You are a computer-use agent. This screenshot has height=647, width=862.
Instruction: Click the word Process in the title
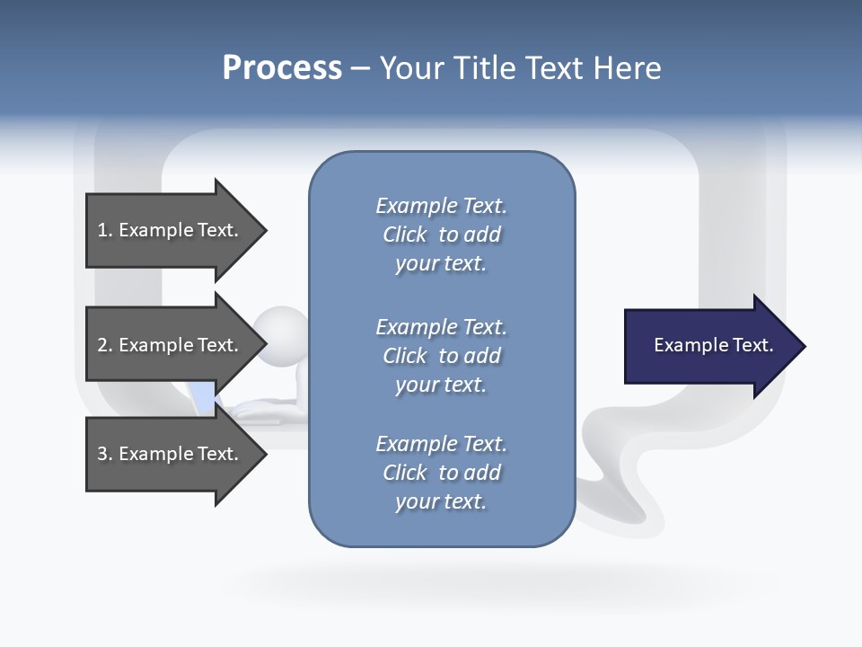pos(282,68)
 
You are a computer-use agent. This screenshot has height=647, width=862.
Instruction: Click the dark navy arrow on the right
pos(709,346)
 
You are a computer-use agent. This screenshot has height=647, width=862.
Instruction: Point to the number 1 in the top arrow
pos(102,230)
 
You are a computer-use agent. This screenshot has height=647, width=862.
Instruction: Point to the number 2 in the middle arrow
pos(102,345)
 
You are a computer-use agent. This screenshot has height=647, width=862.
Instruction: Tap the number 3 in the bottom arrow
pos(102,454)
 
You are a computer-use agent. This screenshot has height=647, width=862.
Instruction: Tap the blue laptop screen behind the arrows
pos(205,396)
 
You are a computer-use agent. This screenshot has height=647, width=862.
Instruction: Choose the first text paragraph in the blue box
pos(441,235)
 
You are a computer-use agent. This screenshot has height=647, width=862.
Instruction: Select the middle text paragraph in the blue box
pos(441,356)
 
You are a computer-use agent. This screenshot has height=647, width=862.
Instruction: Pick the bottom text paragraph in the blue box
pos(441,473)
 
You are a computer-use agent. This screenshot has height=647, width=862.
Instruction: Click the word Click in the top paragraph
pos(404,235)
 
